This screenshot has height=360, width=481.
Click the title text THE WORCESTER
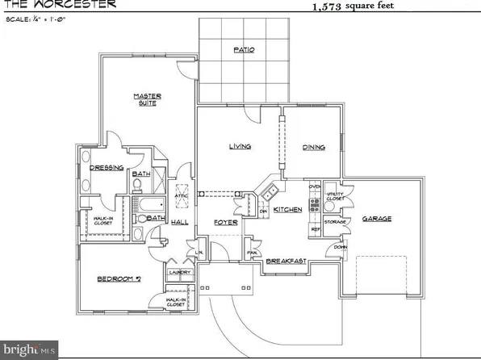point(57,4)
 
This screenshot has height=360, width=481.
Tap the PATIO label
point(244,49)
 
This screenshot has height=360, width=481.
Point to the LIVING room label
point(240,147)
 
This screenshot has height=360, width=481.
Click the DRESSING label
point(106,168)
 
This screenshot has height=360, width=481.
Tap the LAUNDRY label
point(179,273)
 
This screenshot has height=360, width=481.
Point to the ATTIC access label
point(179,195)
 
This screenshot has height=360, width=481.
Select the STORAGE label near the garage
point(335,221)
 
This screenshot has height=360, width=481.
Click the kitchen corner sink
point(269,192)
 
